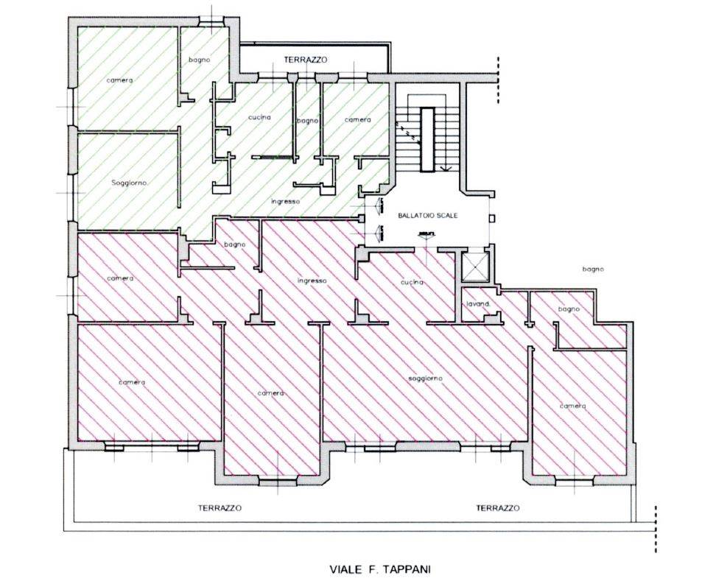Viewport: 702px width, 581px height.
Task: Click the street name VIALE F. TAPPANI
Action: (380, 569)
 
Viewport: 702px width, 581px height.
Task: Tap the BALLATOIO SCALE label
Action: (428, 215)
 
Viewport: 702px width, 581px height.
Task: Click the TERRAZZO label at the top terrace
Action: (306, 60)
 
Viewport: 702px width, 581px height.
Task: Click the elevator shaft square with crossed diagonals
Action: (474, 267)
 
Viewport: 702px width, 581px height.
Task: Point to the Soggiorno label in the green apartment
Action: (130, 183)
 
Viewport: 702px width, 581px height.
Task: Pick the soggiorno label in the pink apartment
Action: (425, 378)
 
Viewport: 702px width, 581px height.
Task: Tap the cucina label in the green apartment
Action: (260, 117)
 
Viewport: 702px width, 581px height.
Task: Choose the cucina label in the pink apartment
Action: (412, 283)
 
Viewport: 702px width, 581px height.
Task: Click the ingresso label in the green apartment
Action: (286, 202)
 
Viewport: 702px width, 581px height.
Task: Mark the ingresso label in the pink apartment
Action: (312, 281)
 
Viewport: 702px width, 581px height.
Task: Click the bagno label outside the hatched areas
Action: (593, 269)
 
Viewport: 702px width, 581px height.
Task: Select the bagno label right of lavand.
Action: (569, 309)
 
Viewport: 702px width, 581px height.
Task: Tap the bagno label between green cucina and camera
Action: (308, 121)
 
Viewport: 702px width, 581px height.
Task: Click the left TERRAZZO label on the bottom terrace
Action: (220, 508)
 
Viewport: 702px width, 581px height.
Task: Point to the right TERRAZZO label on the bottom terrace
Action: (498, 508)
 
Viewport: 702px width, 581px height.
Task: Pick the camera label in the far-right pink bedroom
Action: (573, 406)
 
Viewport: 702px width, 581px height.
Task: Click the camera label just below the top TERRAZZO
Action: (358, 120)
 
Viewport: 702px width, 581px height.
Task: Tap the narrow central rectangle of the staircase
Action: (427, 139)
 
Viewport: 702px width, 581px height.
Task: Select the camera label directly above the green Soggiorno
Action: (119, 80)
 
